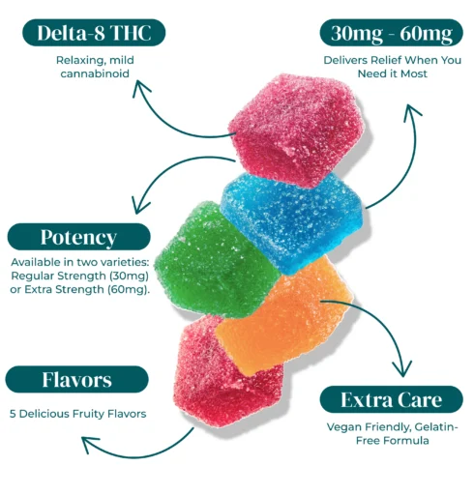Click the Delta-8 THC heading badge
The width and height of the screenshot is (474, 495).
tap(94, 33)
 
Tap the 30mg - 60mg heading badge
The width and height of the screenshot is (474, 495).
tap(392, 33)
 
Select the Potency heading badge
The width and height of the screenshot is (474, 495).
tap(78, 237)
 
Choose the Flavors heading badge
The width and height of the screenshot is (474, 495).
tap(76, 379)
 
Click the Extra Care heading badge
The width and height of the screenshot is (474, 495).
tap(392, 399)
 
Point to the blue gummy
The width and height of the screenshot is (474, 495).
tap(293, 222)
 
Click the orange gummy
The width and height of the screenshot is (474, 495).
tap(283, 316)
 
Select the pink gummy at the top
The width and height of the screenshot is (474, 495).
tap(297, 129)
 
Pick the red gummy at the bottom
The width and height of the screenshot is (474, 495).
tap(225, 374)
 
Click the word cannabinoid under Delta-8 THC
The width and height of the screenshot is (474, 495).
tap(95, 73)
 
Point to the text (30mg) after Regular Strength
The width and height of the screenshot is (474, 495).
tap(129, 276)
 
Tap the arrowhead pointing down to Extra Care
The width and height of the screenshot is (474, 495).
tap(402, 369)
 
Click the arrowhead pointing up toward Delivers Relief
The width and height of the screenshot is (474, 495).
tap(411, 112)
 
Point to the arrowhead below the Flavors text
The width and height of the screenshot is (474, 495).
tap(90, 444)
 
